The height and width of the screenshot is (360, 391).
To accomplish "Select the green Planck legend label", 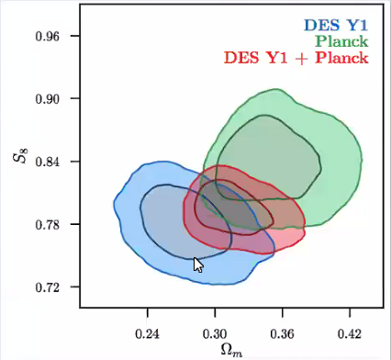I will (x=341, y=41).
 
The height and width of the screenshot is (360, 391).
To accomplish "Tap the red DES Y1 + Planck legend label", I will (x=295, y=58).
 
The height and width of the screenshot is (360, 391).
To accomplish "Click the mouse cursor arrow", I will (x=197, y=264).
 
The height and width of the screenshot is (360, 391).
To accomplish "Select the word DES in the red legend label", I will (x=240, y=58).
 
